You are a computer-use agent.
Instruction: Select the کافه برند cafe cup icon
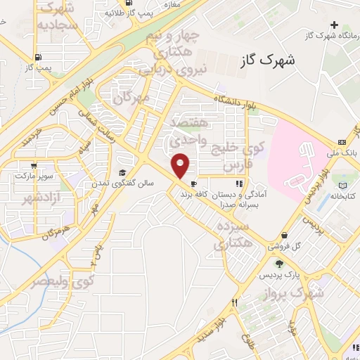(193, 183)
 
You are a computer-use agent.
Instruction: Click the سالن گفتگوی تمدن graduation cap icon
(122, 173)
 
